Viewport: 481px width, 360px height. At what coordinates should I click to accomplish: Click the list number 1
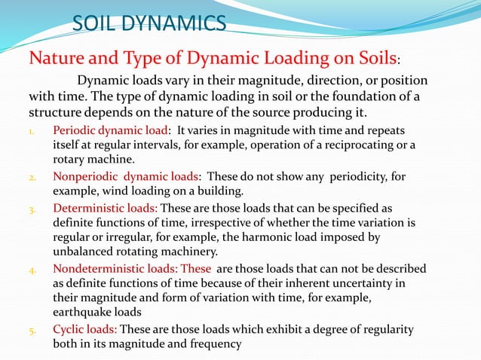(x=32, y=130)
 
